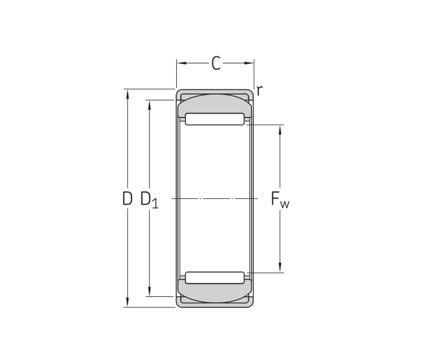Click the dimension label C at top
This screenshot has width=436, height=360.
tap(216, 63)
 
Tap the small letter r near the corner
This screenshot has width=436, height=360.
tap(259, 91)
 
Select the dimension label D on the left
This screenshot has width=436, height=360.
tap(127, 199)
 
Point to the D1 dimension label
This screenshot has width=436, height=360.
tap(149, 200)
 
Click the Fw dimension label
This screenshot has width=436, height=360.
tap(280, 200)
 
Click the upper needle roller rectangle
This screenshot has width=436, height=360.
tap(215, 119)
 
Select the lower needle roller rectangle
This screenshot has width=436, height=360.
tap(215, 278)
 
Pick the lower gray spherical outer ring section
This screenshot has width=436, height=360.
tap(215, 291)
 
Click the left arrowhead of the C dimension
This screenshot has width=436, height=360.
tap(181, 63)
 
